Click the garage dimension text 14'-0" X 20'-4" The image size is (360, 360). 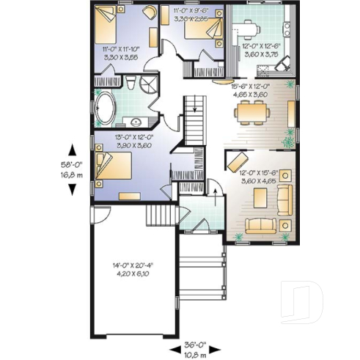tap(132, 269)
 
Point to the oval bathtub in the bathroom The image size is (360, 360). tap(104, 109)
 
